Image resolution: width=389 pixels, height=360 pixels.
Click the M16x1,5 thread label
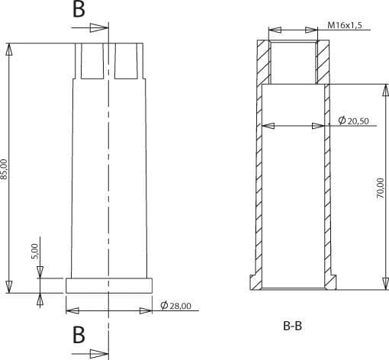pyautogui.click(x=345, y=25)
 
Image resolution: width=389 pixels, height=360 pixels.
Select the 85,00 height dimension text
pyautogui.click(x=4, y=169)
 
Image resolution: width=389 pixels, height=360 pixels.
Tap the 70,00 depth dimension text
pyautogui.click(x=381, y=188)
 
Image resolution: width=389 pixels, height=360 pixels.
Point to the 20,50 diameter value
pyautogui.click(x=358, y=121)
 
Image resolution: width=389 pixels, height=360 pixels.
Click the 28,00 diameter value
pyautogui.click(x=180, y=306)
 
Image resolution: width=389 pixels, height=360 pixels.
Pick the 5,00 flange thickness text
pyautogui.click(x=34, y=251)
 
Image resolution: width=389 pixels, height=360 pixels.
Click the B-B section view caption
pyautogui.click(x=292, y=326)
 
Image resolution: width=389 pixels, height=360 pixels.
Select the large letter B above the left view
pyautogui.click(x=79, y=9)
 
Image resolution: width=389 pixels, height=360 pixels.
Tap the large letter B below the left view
pyautogui.click(x=79, y=335)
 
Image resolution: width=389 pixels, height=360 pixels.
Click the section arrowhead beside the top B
pyautogui.click(x=99, y=27)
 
